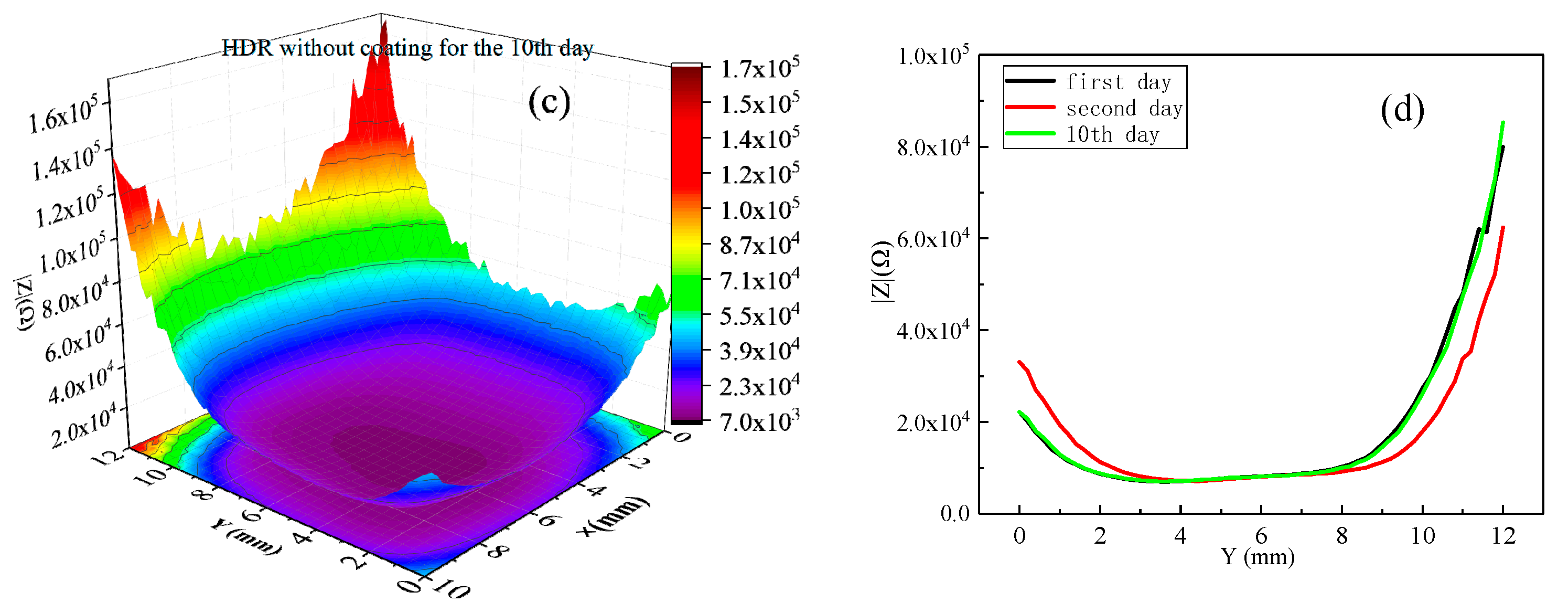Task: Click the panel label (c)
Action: [549, 102]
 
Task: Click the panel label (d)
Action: [1402, 110]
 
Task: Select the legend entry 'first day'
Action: [1118, 82]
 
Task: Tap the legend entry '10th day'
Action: [1112, 134]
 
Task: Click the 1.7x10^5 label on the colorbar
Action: [759, 67]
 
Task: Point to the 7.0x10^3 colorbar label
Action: [759, 420]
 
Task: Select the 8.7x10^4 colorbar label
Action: [759, 244]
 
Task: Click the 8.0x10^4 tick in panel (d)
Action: [932, 147]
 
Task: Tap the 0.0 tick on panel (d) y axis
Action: [954, 514]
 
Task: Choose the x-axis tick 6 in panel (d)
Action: [1261, 535]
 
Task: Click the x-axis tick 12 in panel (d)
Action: [1503, 535]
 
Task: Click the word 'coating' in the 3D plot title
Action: [396, 48]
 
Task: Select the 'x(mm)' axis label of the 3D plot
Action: [612, 516]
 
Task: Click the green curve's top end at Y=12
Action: [1503, 123]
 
